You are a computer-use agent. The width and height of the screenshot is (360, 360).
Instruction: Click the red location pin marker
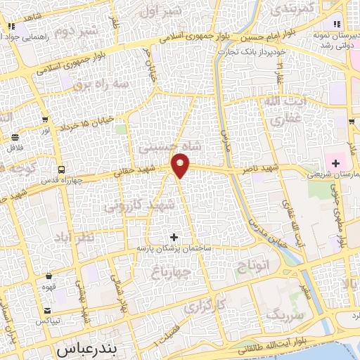point(181,166)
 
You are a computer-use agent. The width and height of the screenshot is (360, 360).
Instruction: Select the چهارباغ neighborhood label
point(172,272)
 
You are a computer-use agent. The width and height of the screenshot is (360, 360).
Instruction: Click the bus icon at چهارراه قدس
point(61,169)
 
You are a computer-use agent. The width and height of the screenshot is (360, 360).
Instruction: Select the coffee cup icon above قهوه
point(49,276)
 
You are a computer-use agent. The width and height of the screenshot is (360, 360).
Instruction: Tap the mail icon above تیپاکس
point(47,310)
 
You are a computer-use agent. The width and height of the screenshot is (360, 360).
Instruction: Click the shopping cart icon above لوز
point(45,120)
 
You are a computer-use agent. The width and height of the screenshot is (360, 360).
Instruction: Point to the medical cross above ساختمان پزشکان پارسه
point(174,237)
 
